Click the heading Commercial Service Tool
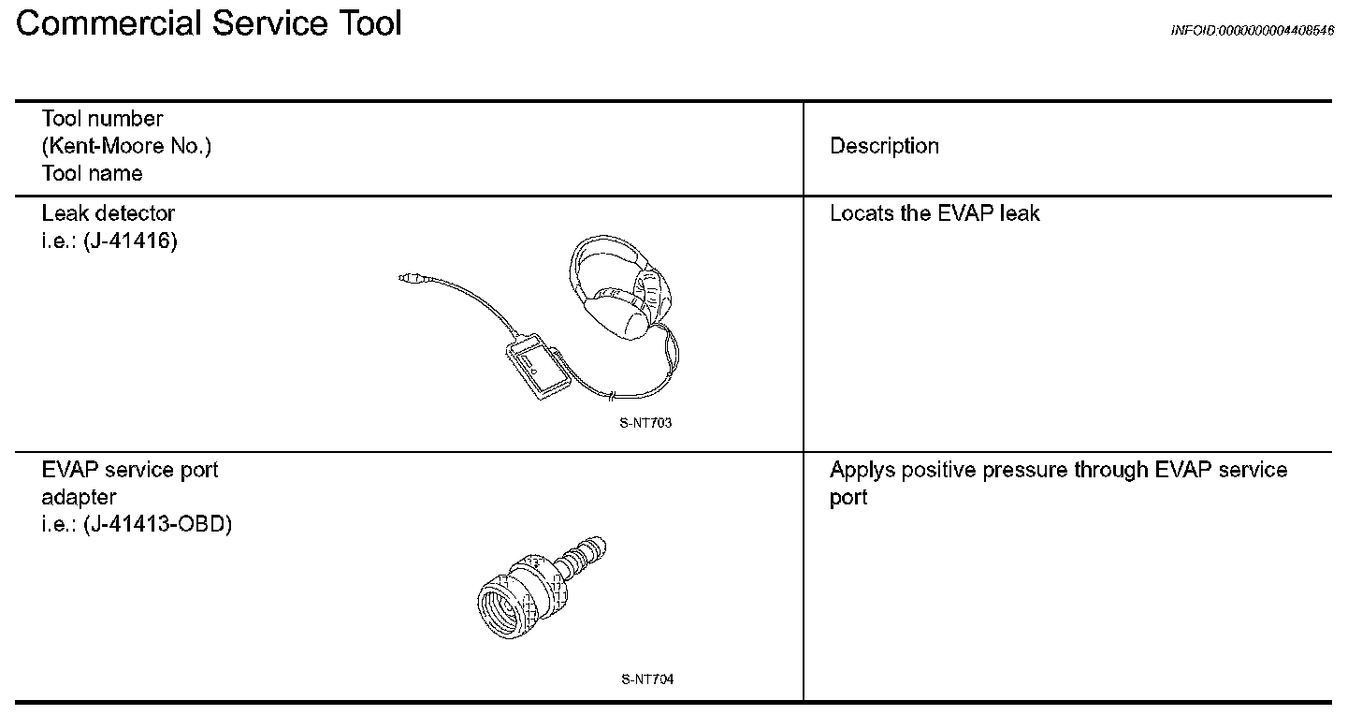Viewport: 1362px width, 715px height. pos(209,22)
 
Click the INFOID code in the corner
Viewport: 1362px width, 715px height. pos(1252,31)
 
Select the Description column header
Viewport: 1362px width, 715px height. pos(884,146)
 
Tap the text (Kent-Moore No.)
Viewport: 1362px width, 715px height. pos(126,146)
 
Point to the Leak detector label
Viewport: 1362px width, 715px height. pos(108,213)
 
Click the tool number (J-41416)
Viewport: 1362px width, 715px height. pos(129,241)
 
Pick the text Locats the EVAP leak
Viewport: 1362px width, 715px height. pos(935,213)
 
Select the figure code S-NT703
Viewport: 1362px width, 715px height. pos(645,423)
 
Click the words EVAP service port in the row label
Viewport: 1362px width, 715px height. pos(129,470)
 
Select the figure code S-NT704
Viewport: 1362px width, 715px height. pos(646,679)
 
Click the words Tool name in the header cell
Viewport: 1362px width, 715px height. pos(92,173)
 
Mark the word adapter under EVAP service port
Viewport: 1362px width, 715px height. pos(79,497)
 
